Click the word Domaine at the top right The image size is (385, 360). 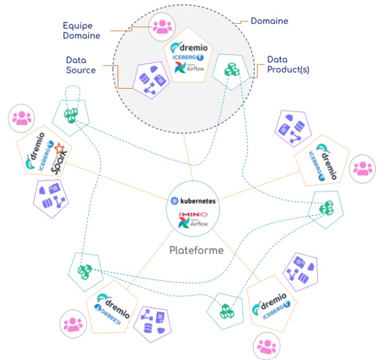click(269, 21)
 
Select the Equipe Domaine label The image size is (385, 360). click(82, 30)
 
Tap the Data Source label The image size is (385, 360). click(80, 64)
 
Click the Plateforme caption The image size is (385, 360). click(196, 251)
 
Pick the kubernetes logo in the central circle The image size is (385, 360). click(193, 200)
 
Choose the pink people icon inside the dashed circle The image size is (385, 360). click(160, 26)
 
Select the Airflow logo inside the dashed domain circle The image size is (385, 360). click(186, 68)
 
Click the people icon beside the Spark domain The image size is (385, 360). click(22, 119)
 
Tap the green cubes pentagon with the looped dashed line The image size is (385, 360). click(71, 113)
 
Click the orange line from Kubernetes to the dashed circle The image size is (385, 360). click(189, 156)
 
